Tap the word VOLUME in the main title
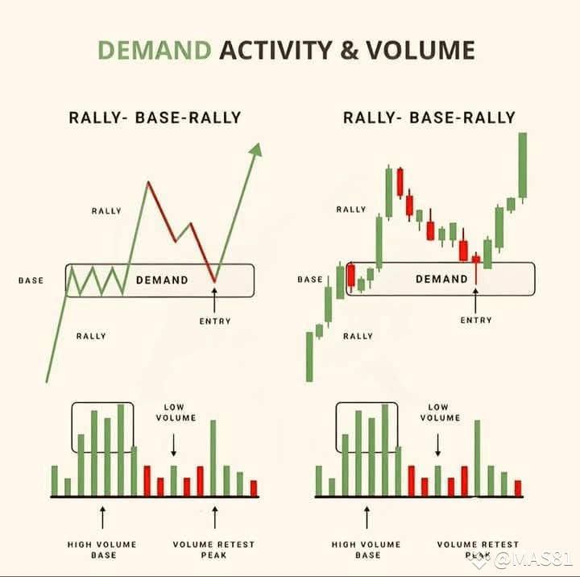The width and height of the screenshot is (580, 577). click(420, 51)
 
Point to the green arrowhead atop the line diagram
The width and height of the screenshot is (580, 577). click(255, 150)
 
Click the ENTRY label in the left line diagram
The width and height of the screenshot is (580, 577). click(215, 321)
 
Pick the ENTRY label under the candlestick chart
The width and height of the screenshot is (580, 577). click(476, 320)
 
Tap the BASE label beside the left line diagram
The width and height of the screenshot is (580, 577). click(31, 280)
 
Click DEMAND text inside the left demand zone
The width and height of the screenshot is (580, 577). click(162, 280)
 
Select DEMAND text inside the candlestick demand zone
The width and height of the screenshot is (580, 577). click(441, 279)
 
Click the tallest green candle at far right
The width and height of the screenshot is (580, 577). click(522, 165)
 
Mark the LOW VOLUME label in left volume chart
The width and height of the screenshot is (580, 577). click(174, 413)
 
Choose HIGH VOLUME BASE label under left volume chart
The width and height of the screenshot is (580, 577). click(102, 550)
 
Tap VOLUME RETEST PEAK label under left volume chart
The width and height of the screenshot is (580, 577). click(214, 550)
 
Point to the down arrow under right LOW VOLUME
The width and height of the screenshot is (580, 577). click(438, 445)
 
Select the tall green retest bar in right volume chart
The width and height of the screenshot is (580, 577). click(477, 458)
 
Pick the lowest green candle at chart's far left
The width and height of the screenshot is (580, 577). click(309, 356)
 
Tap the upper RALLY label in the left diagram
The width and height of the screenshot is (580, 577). click(106, 211)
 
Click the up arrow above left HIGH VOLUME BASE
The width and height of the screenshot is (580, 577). click(102, 517)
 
